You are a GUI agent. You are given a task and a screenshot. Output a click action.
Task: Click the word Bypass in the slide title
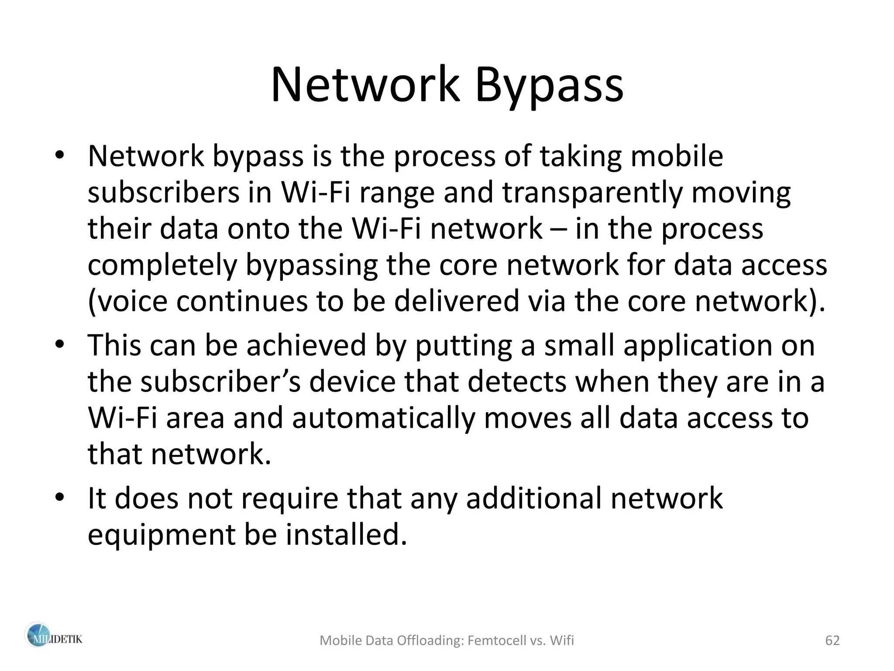549,85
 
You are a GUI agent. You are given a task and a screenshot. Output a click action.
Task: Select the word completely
162,265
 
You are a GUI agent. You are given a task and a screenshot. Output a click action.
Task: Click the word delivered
457,301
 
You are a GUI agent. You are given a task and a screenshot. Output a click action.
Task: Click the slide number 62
832,640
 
